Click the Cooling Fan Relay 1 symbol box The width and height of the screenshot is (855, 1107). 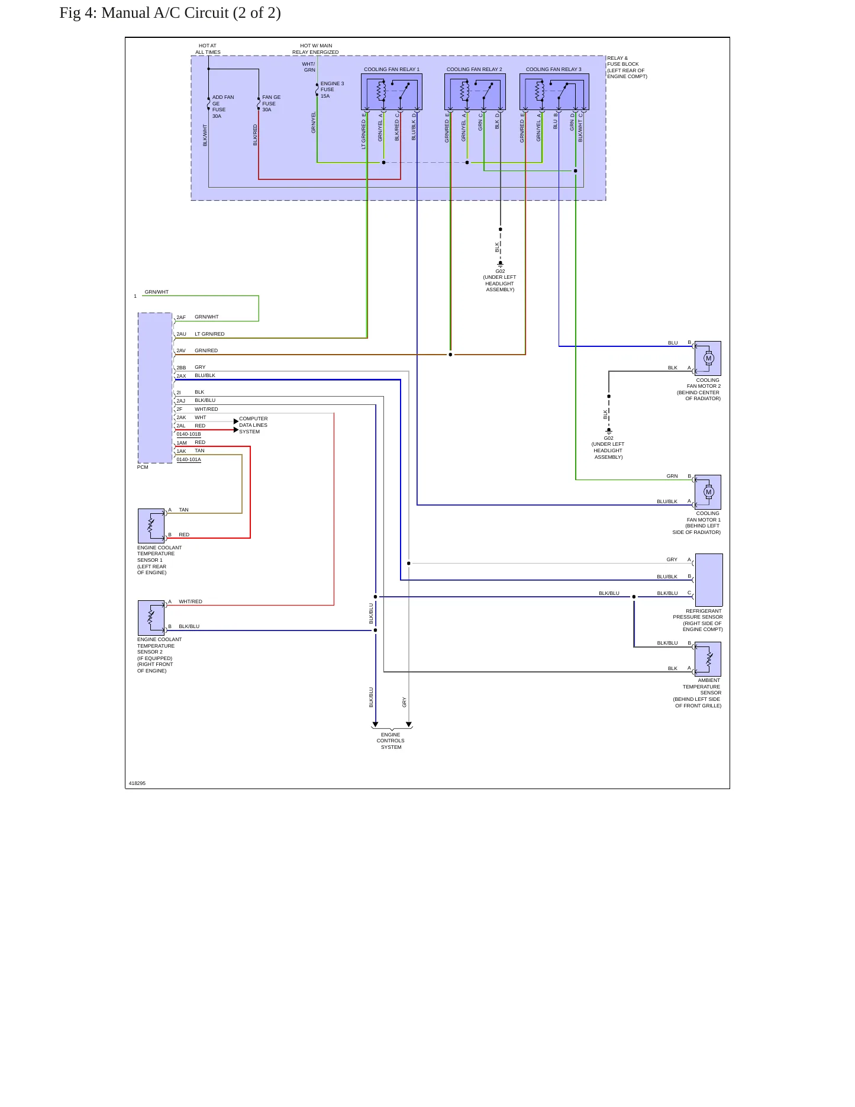[x=391, y=92]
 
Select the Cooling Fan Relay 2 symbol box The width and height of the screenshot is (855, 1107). [x=475, y=92]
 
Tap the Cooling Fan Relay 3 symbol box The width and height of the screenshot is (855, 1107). [x=554, y=92]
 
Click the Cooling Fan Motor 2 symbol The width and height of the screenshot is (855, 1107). [x=708, y=358]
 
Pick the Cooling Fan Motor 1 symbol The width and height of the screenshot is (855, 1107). [x=708, y=492]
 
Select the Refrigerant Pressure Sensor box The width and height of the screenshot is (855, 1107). [x=709, y=580]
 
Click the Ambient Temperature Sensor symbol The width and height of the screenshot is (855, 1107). [x=708, y=659]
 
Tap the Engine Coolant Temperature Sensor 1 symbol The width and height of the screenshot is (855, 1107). [x=151, y=526]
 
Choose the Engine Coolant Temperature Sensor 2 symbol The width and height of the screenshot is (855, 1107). [x=151, y=617]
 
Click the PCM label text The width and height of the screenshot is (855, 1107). [x=143, y=467]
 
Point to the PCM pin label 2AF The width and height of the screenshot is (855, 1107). [x=181, y=317]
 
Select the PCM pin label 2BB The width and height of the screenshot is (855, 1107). [x=181, y=368]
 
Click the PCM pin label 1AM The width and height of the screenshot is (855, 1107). [x=182, y=443]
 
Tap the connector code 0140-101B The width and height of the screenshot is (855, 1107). [x=189, y=434]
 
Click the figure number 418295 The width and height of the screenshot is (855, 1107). [x=137, y=783]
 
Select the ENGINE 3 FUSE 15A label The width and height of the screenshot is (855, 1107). [x=332, y=90]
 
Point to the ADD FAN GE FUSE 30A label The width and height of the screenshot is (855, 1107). [x=223, y=107]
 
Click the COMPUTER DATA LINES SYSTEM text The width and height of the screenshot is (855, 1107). [x=253, y=425]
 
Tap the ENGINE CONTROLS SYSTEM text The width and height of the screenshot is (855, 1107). [x=391, y=741]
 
